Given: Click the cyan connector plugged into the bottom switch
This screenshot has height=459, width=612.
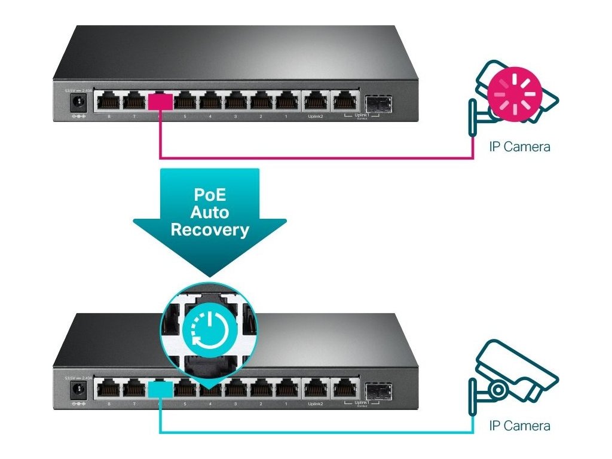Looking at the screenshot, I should pos(160,388).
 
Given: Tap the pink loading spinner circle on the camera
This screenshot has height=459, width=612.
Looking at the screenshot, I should pos(514,94).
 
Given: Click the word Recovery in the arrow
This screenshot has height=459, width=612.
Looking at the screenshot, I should pos(210,229).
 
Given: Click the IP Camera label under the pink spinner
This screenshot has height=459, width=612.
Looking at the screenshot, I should pos(519,146).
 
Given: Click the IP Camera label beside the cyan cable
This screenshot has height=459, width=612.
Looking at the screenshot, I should pos(519,426).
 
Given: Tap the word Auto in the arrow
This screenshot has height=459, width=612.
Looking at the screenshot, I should pos(210,212).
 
